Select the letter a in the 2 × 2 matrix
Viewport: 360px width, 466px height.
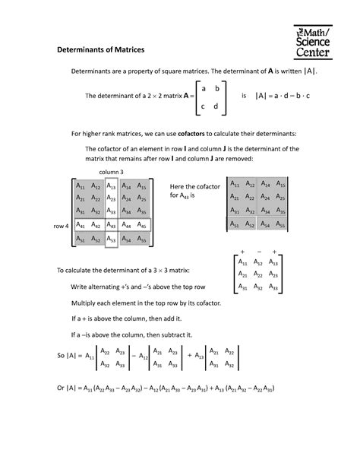pos(203,89)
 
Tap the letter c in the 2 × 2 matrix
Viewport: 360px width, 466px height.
pos(203,106)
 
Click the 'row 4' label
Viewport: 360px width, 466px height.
pos(61,226)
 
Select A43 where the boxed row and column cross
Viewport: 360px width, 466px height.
pos(112,225)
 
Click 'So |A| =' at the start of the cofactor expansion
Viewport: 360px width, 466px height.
pos(69,355)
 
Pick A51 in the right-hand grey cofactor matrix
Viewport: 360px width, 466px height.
pos(236,224)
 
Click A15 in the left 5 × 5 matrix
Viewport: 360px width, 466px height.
pos(141,185)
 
